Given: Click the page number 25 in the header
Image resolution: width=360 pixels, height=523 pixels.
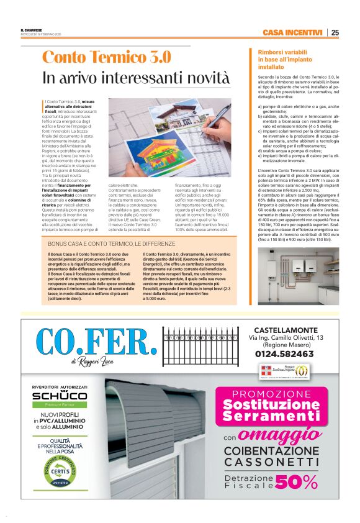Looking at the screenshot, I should [x=335, y=32].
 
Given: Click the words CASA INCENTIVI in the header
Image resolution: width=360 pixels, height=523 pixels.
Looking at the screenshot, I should [x=292, y=32].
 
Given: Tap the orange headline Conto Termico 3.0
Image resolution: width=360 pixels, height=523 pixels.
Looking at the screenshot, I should [x=106, y=57].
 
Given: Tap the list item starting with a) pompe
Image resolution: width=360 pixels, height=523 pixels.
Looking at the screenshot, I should [x=299, y=109].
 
